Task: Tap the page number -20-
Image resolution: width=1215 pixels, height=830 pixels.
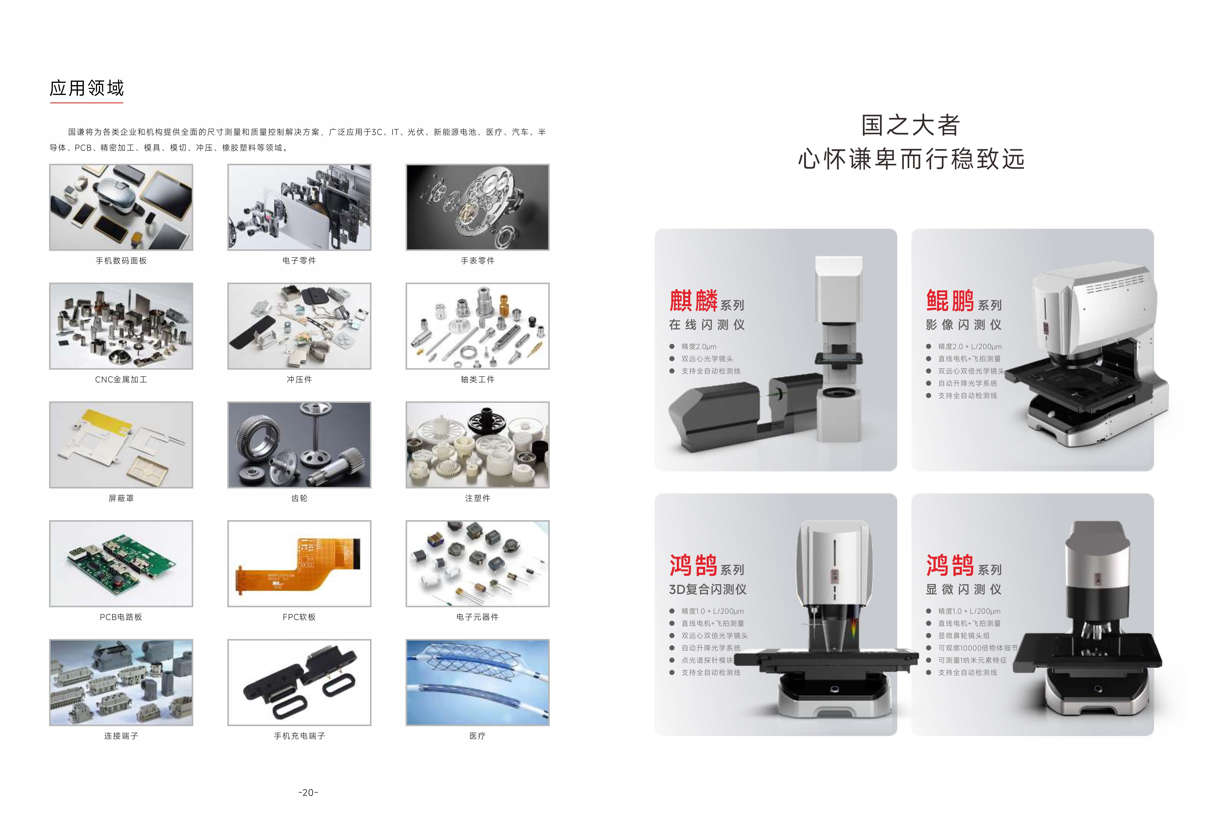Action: point(308,792)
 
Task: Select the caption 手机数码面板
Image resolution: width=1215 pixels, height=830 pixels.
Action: point(121,260)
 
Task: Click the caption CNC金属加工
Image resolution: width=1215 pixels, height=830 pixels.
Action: point(121,379)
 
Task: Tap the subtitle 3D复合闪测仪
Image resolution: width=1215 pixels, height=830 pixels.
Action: point(708,589)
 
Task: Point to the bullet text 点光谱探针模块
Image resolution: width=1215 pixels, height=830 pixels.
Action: point(707,660)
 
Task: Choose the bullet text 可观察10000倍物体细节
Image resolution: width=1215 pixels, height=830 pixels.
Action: point(978,648)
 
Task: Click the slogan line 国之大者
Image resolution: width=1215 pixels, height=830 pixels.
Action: point(911,125)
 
